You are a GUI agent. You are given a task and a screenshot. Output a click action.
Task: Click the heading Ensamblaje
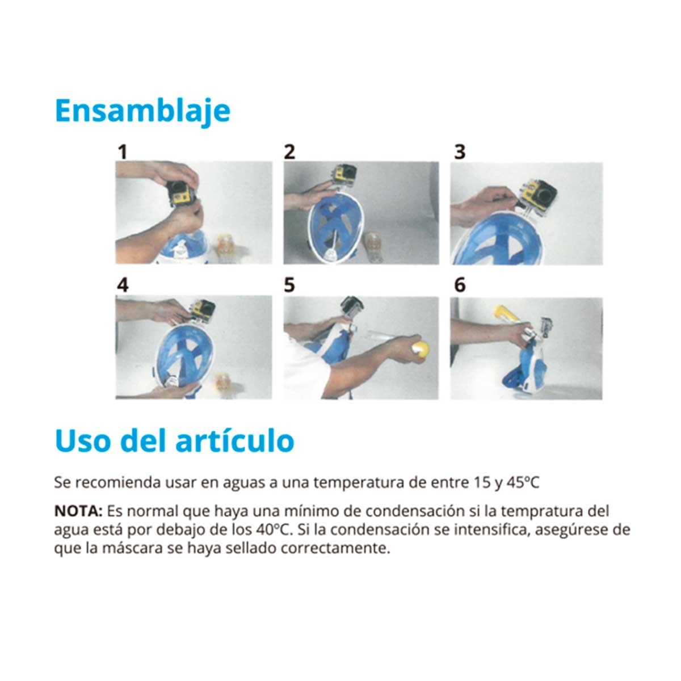pos(143,111)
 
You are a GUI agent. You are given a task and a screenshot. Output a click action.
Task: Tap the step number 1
pos(123,152)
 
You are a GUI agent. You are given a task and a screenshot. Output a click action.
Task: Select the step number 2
pos(289,152)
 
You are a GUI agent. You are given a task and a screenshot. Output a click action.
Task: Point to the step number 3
pos(460,152)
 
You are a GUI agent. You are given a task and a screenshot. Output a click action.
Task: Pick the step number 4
pos(123,285)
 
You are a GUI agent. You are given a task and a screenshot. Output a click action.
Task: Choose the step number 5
pos(289,285)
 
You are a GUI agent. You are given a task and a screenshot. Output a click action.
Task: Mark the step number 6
pos(460,285)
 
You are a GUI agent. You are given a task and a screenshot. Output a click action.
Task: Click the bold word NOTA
pos(78,511)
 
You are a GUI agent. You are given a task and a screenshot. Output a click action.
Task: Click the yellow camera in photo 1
pos(182,193)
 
